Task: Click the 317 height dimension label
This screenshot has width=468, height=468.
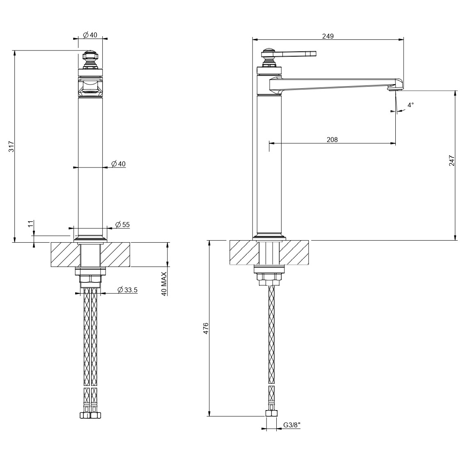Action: click(x=11, y=147)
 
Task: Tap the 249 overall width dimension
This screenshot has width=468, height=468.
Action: click(x=328, y=36)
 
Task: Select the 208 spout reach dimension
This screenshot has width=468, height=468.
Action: click(x=332, y=140)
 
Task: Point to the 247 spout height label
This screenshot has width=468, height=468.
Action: click(x=452, y=160)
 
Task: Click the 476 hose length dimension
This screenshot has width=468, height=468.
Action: click(x=206, y=328)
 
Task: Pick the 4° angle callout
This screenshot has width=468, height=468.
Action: click(x=411, y=105)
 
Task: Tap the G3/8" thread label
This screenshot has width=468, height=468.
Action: click(x=291, y=425)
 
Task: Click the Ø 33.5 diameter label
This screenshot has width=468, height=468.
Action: click(x=127, y=289)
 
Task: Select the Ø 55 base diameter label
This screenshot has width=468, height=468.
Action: click(x=122, y=225)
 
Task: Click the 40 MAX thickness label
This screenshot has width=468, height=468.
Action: click(x=164, y=284)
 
